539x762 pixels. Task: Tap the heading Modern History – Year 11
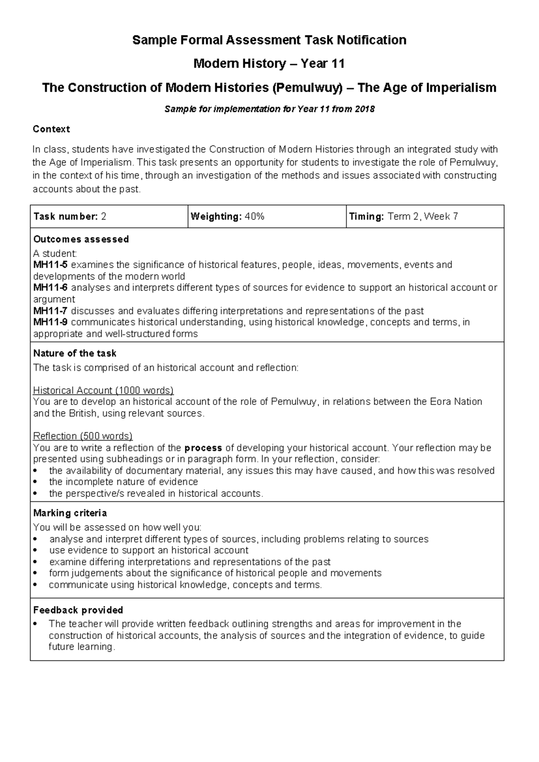(269, 64)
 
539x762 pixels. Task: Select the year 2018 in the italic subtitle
(364, 109)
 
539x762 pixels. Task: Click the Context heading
(51, 129)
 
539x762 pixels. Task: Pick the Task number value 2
(104, 217)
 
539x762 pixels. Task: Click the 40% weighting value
(255, 217)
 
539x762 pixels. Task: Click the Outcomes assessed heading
(81, 239)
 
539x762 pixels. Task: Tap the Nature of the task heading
(75, 353)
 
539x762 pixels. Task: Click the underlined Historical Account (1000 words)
(103, 390)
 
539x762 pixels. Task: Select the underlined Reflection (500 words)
(83, 436)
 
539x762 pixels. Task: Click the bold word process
(203, 448)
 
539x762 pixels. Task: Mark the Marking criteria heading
(70, 513)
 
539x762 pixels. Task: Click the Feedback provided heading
(78, 610)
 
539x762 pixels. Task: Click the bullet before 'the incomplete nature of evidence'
(36, 482)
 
